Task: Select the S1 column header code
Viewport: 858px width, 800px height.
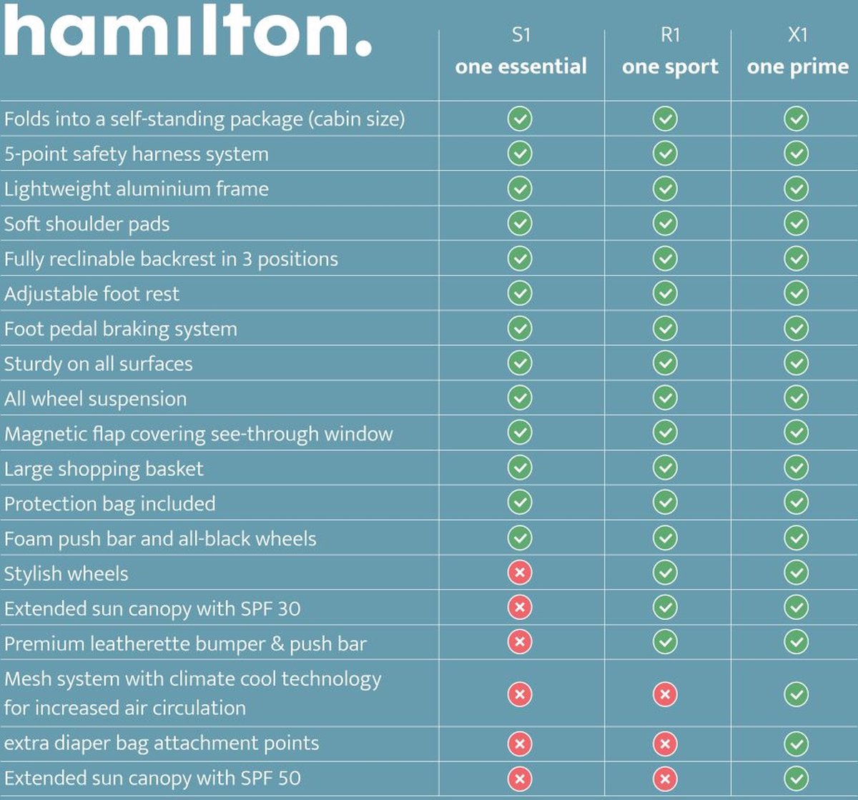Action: pyautogui.click(x=521, y=35)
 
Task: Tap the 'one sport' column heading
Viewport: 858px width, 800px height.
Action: pyautogui.click(x=670, y=66)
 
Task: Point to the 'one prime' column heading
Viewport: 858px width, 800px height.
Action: pyautogui.click(x=797, y=66)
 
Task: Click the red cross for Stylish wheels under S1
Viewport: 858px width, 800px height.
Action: pyautogui.click(x=520, y=573)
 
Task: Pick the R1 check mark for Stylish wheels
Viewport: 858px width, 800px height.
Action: pyautogui.click(x=665, y=573)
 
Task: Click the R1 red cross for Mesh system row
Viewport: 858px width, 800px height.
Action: pyautogui.click(x=665, y=694)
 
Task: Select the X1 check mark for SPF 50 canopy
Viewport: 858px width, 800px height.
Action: pyautogui.click(x=796, y=778)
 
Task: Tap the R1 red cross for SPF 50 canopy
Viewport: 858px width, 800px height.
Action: pyautogui.click(x=665, y=778)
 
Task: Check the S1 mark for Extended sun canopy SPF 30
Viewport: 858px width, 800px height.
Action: pyautogui.click(x=520, y=608)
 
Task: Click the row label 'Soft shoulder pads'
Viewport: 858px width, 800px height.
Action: pyautogui.click(x=87, y=224)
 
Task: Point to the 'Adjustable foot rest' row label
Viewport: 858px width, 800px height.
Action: pyautogui.click(x=92, y=294)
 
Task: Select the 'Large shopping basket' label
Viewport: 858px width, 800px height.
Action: pyautogui.click(x=104, y=469)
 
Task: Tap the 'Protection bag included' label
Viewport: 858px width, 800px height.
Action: pyautogui.click(x=109, y=504)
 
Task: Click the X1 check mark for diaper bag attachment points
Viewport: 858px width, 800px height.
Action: pyautogui.click(x=796, y=744)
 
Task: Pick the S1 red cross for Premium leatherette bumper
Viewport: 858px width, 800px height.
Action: pyautogui.click(x=520, y=642)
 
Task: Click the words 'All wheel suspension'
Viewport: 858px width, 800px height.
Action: pyautogui.click(x=95, y=399)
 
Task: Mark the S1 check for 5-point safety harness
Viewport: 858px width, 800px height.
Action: pyautogui.click(x=520, y=153)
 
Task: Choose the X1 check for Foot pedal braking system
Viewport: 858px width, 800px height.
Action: pyautogui.click(x=796, y=328)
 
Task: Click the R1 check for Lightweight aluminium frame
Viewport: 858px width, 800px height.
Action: pyautogui.click(x=665, y=188)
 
